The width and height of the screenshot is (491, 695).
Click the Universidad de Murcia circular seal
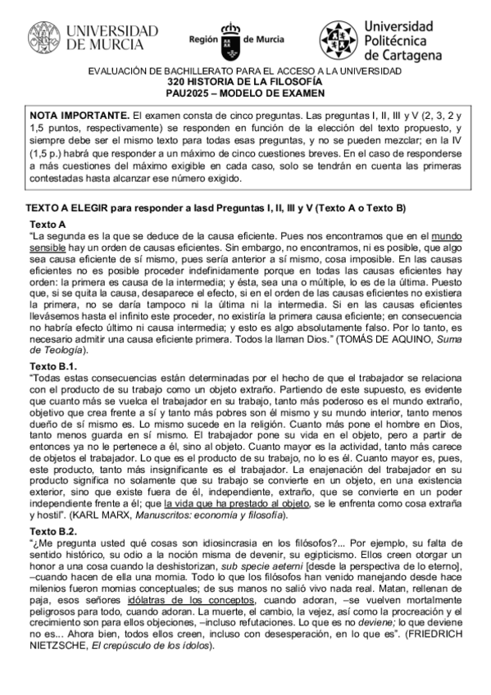[45, 38]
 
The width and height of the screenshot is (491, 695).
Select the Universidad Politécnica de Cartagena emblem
[336, 39]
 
